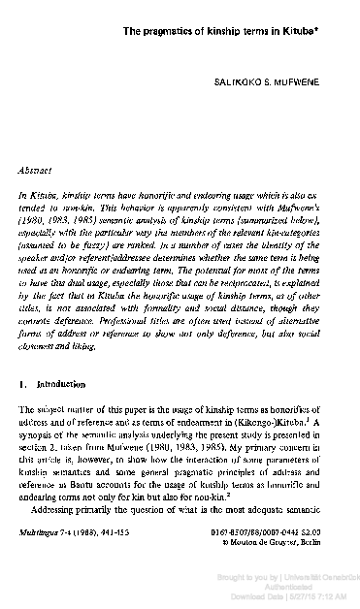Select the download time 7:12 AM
click(x=321, y=594)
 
